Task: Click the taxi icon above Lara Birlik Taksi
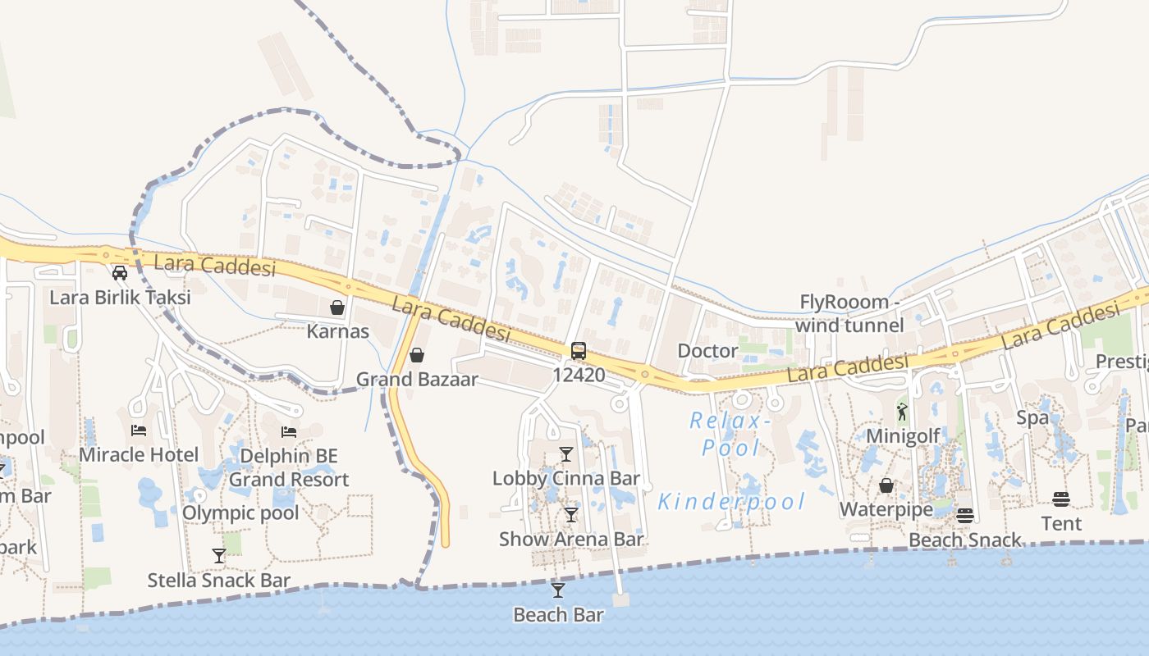click(x=120, y=273)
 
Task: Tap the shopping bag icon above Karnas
click(x=336, y=307)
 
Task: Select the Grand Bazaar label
click(x=416, y=380)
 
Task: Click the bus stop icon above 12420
click(x=579, y=351)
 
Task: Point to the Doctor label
click(x=707, y=351)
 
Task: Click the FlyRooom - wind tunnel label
click(x=849, y=313)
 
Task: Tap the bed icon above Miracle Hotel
click(x=139, y=430)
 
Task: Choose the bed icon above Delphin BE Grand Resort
click(x=289, y=431)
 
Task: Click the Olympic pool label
click(x=240, y=513)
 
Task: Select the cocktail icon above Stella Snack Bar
click(x=218, y=556)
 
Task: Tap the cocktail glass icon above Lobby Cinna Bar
click(x=566, y=454)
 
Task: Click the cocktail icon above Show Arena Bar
click(x=571, y=515)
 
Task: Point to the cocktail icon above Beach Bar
click(x=558, y=590)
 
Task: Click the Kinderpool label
click(x=732, y=502)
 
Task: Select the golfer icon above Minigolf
click(x=903, y=412)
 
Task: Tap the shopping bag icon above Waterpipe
click(x=886, y=486)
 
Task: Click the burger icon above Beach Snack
click(x=965, y=516)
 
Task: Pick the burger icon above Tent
click(x=1061, y=499)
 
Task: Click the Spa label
click(x=1032, y=417)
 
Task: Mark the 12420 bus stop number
click(x=579, y=376)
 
